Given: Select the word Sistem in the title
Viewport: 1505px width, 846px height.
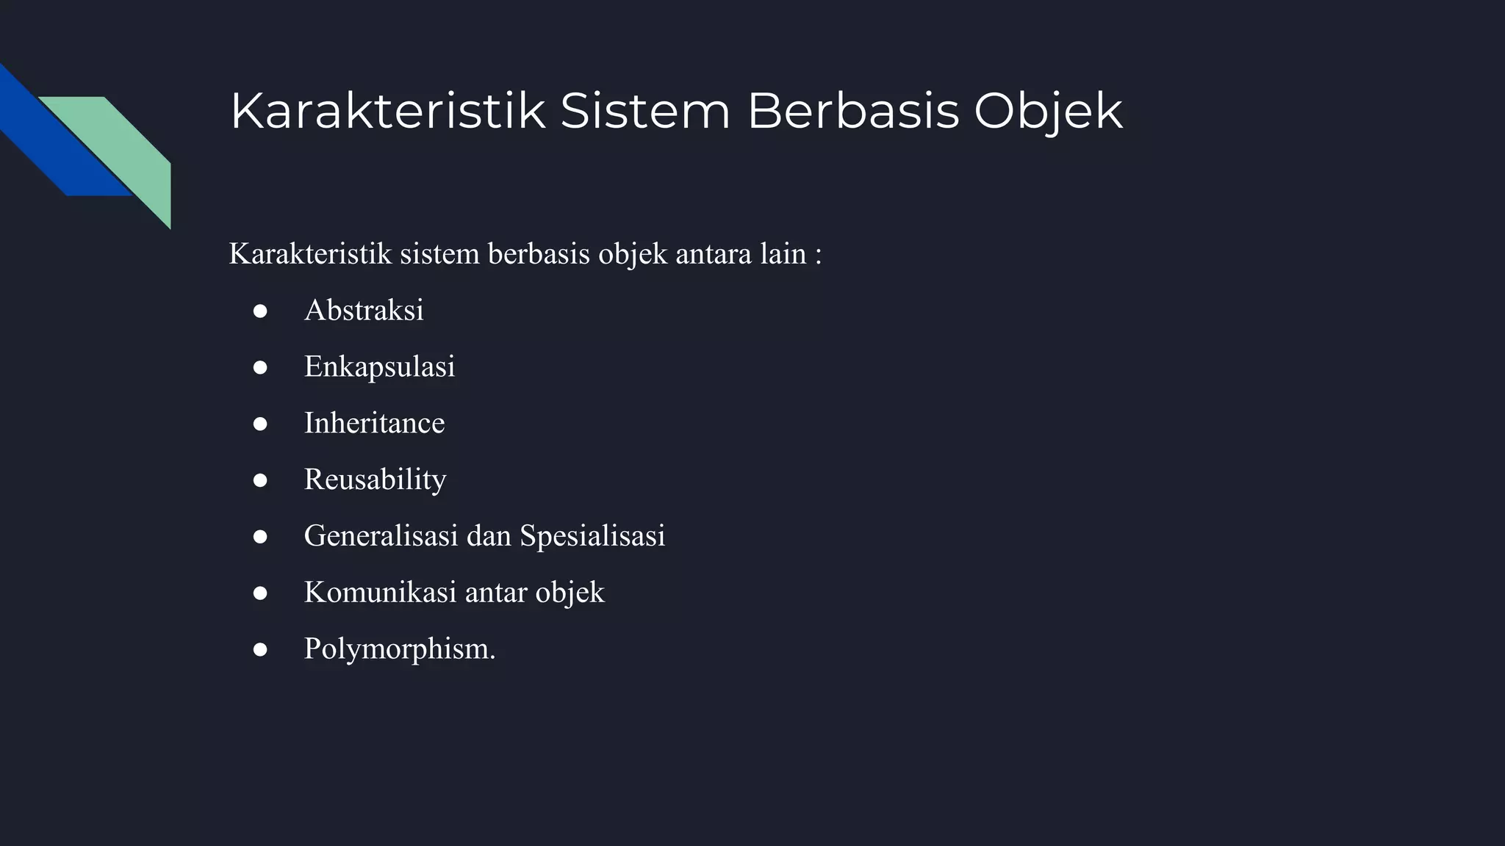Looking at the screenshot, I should (645, 112).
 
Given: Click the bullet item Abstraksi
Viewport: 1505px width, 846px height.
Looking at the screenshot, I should (364, 310).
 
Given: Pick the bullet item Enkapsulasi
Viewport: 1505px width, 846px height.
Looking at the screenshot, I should (379, 366).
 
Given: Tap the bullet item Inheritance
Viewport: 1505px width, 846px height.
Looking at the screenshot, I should (374, 423).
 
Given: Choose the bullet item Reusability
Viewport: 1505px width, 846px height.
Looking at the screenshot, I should (375, 480).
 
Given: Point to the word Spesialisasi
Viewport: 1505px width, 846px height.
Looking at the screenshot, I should (592, 535).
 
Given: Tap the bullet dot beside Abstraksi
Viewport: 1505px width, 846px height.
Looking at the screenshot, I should (259, 311).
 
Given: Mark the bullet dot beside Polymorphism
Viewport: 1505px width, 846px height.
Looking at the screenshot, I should (259, 650).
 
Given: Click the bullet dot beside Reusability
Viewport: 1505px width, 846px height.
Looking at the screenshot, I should (259, 481).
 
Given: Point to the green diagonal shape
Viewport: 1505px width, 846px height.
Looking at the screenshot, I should (125, 147).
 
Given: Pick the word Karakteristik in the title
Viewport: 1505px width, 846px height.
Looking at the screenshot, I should (388, 112).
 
